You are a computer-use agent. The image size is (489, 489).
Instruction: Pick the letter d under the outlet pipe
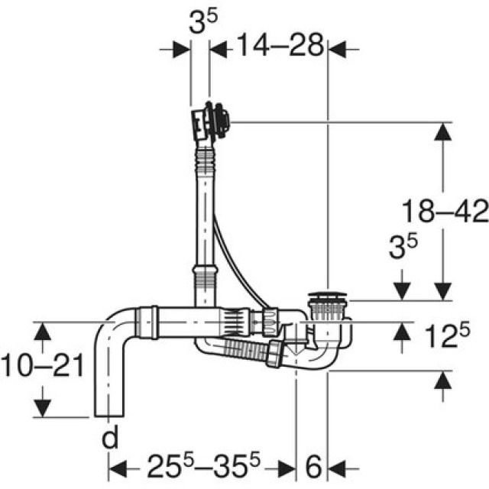pyautogui.click(x=112, y=437)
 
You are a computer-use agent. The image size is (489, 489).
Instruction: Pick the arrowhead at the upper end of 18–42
pyautogui.click(x=442, y=131)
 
